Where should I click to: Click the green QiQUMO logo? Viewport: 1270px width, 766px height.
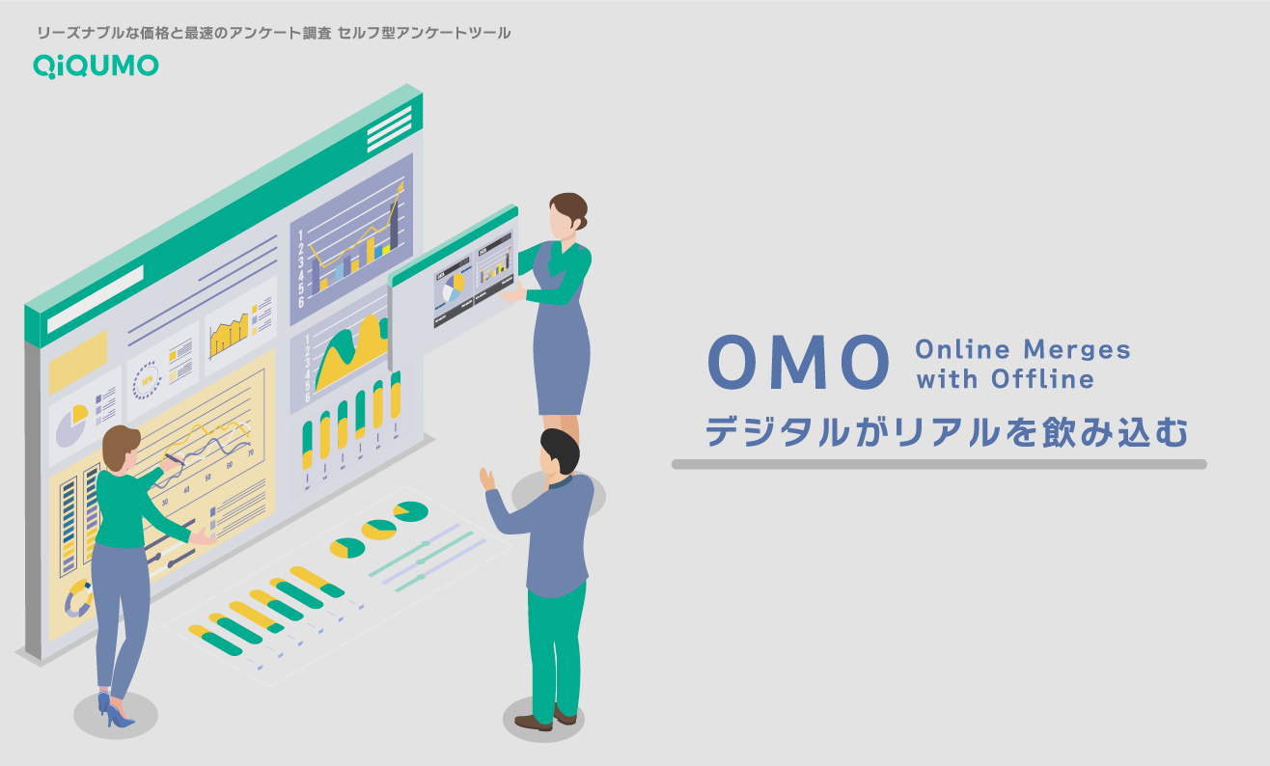click(96, 66)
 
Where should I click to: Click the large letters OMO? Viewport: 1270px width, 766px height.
click(797, 362)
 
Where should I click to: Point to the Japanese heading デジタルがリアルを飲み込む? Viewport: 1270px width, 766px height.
click(946, 430)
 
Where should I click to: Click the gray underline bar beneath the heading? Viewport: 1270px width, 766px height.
click(938, 464)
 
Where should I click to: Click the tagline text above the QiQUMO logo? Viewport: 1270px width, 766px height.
click(273, 33)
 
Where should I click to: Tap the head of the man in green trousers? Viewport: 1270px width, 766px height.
click(560, 451)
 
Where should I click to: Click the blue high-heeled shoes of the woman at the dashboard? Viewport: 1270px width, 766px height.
click(113, 711)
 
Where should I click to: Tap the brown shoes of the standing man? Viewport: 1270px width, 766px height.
click(545, 719)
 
